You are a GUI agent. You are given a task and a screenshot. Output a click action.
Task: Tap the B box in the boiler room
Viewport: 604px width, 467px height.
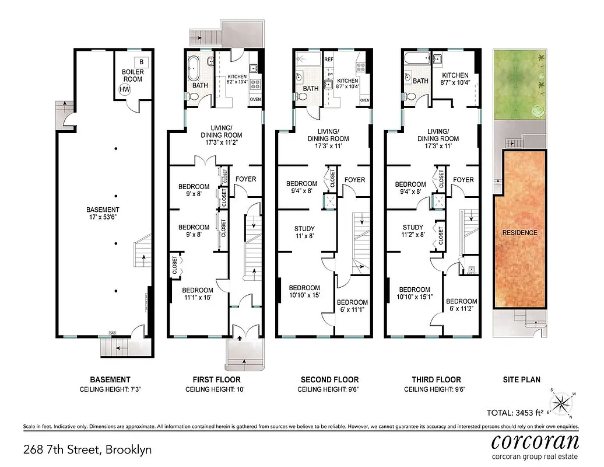[x=140, y=61]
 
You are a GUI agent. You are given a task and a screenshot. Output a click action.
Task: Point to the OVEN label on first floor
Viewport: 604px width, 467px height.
[x=255, y=99]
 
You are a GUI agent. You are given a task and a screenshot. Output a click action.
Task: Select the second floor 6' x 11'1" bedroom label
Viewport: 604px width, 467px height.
[x=352, y=306]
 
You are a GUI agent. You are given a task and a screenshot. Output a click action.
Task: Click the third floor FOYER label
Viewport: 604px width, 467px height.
[x=463, y=180]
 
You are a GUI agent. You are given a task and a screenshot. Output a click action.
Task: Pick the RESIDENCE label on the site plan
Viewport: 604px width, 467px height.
[x=519, y=232]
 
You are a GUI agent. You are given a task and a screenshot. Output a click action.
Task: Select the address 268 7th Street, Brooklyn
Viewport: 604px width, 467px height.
[x=87, y=449]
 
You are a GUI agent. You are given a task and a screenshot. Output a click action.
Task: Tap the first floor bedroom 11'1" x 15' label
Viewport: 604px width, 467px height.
[x=197, y=294]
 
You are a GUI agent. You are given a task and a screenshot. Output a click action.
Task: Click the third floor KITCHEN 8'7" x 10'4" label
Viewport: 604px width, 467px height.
[x=455, y=79]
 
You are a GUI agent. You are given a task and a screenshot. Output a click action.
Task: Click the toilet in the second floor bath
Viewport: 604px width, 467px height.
[x=301, y=96]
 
